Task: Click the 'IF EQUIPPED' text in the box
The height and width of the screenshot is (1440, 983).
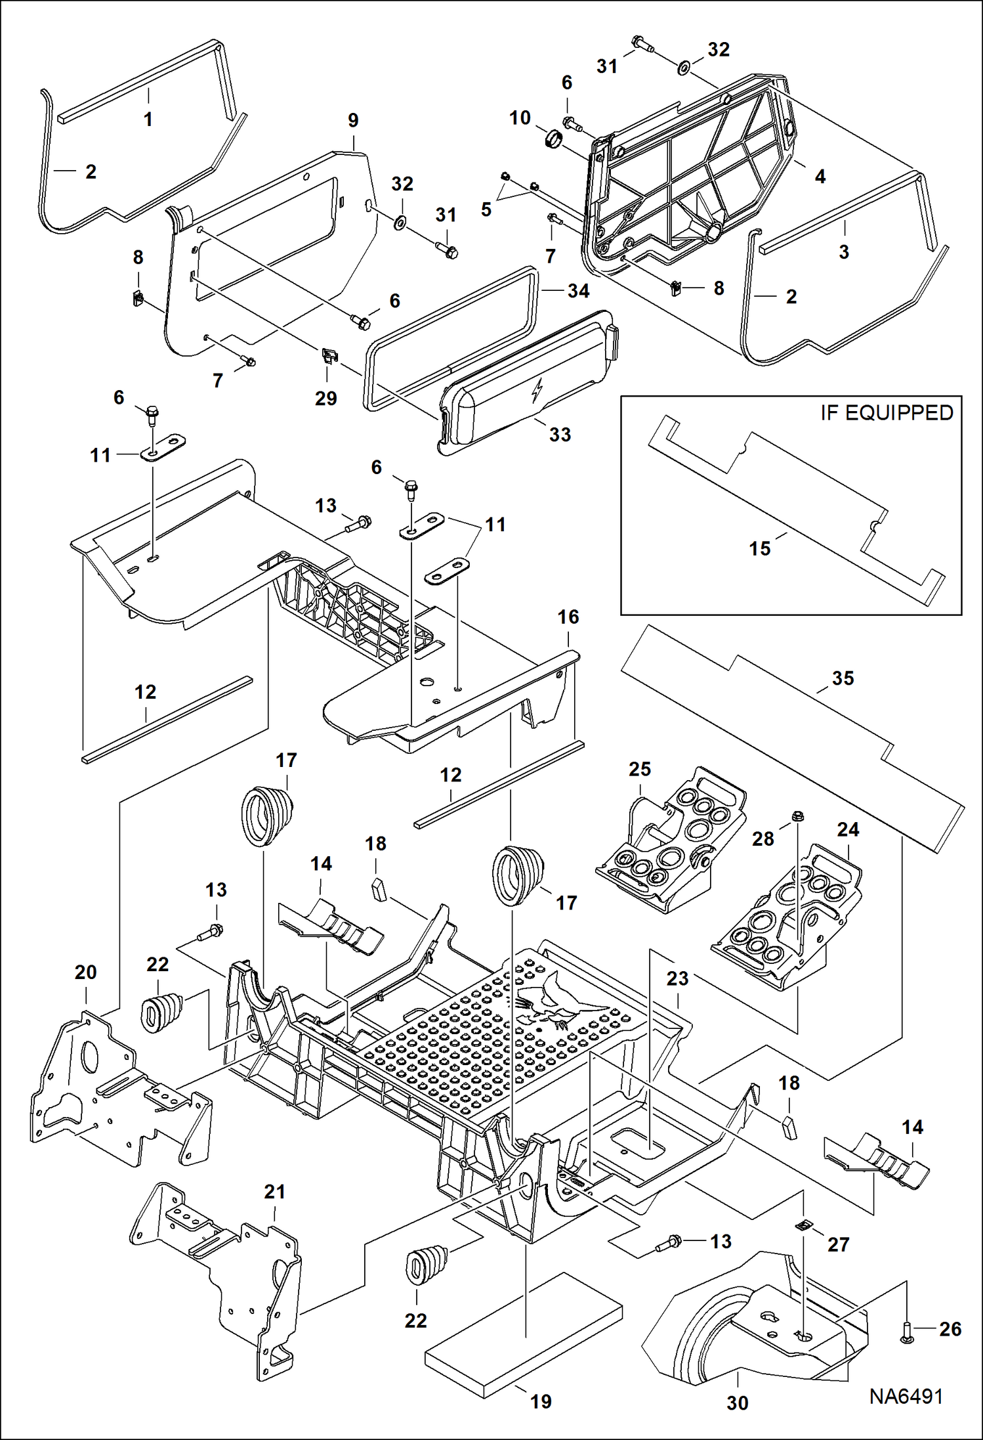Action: point(886,413)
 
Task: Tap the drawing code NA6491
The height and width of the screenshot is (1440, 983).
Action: point(906,1395)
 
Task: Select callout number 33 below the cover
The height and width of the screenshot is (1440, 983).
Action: point(560,434)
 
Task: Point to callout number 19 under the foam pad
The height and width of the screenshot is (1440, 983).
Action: point(541,1402)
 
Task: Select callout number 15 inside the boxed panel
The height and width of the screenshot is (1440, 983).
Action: point(759,548)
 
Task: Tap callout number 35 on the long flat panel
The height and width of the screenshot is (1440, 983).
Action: point(843,678)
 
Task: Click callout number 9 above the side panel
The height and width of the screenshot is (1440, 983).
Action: point(353,120)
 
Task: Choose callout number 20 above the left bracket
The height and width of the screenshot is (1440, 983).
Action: point(85,972)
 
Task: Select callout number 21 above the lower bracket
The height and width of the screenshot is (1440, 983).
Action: point(274,1192)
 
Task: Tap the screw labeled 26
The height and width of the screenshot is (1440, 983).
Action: point(906,1331)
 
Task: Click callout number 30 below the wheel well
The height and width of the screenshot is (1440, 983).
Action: point(737,1403)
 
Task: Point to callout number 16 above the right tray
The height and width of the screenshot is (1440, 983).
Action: point(568,617)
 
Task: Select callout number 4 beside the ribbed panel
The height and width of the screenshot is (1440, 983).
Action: point(820,176)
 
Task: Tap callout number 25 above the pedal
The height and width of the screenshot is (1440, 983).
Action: point(639,769)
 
